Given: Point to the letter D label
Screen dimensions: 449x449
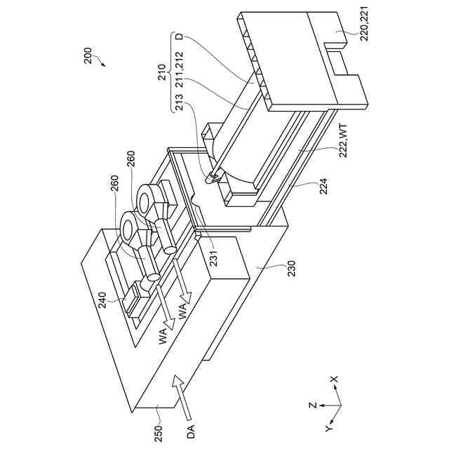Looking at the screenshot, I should pyautogui.click(x=180, y=37).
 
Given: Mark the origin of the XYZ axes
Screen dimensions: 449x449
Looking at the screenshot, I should pyautogui.click(x=339, y=406).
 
